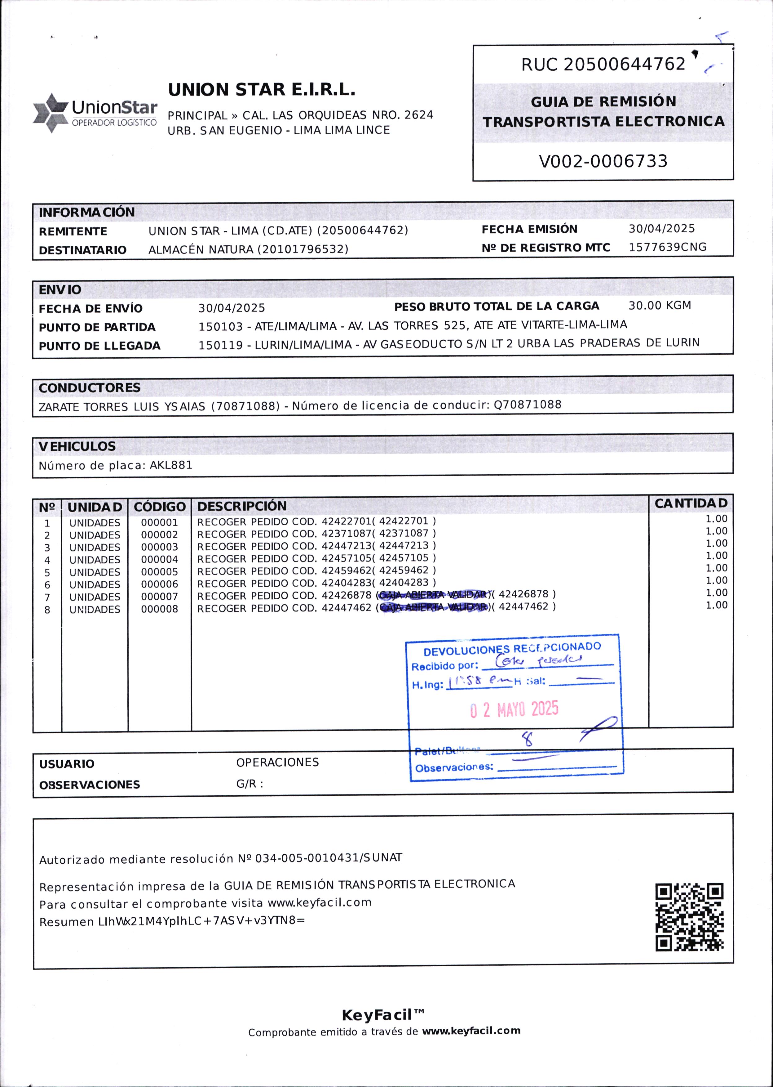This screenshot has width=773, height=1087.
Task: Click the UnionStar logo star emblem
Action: click(50, 113)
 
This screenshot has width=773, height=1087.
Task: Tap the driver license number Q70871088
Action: click(528, 405)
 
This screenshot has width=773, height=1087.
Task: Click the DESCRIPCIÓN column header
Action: click(242, 506)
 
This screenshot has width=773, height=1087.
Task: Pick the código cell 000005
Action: click(159, 572)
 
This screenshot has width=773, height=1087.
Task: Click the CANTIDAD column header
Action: click(691, 503)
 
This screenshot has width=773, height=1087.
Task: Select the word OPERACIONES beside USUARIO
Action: click(277, 763)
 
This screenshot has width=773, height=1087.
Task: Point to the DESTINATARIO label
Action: click(82, 250)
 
